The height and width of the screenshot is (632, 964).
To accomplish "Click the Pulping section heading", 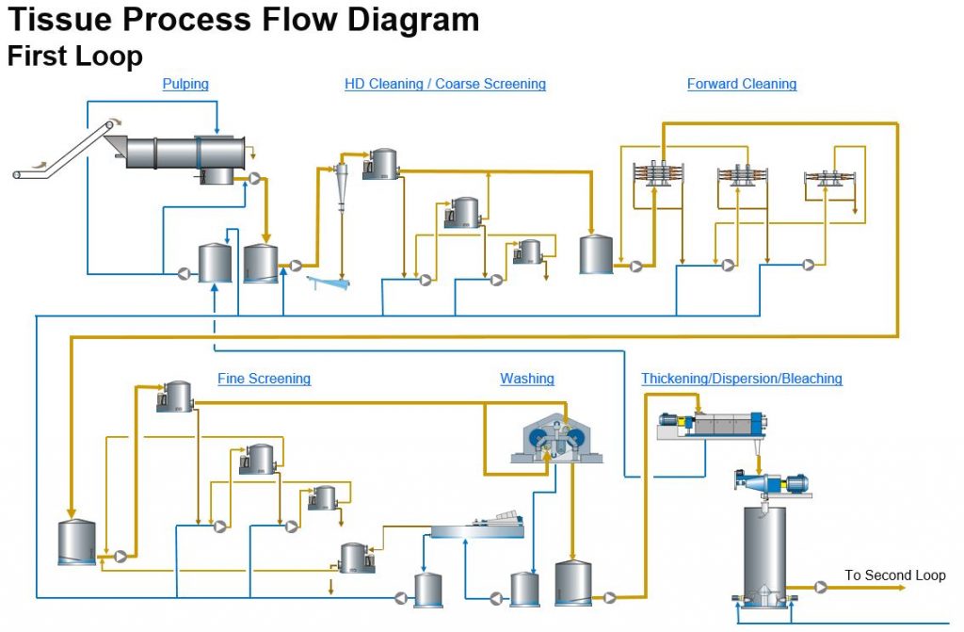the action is coord(185,84).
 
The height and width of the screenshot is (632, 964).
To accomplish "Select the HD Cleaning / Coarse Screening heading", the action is coord(445,84).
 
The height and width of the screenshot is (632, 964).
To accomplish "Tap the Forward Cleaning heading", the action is coord(742,84).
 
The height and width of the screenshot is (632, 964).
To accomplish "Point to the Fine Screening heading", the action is coord(264,379).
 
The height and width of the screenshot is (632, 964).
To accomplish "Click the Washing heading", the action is coord(527,379).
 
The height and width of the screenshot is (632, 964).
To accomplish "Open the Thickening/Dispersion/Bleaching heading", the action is coord(742,379).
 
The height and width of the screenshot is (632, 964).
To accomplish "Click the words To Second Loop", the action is coord(894,575).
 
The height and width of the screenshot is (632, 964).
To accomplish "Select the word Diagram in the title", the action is coord(413,19).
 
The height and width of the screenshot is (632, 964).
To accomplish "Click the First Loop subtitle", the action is coord(75,56).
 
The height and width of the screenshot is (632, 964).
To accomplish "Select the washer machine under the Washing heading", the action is coord(556,438).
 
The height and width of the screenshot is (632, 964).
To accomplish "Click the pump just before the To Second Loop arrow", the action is coord(821,587).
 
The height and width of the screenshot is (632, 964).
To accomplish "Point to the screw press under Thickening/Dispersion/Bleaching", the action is coord(712,425).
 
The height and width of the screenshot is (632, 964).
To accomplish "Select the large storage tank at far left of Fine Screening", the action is coord(77,543).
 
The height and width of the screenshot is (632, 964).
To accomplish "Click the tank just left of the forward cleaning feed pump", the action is coord(596,254).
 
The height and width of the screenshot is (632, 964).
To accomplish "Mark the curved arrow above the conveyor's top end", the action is coord(114,120).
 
